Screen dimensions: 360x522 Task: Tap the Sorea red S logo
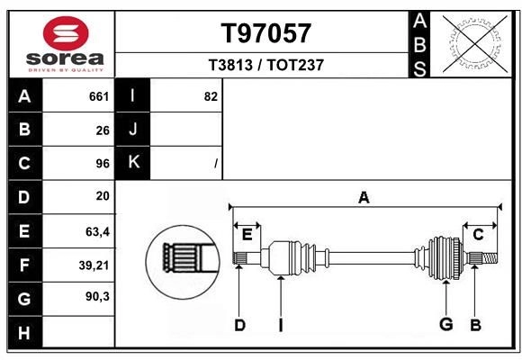(66, 34)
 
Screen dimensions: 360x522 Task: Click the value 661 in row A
(99, 96)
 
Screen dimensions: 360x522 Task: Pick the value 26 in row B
(103, 130)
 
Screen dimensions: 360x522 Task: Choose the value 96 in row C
(103, 164)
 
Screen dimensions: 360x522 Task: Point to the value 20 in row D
(103, 196)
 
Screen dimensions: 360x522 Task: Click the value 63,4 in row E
(97, 231)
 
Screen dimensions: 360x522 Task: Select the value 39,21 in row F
(95, 265)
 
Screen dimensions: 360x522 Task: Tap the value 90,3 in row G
(97, 298)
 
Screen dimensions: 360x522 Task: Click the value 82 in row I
(211, 96)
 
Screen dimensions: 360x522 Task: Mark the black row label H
(24, 332)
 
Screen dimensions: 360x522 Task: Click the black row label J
(133, 130)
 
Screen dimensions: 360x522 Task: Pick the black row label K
(133, 164)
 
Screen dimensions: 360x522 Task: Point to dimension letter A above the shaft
(364, 197)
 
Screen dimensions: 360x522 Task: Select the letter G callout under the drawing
(445, 325)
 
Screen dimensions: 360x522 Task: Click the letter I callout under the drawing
(280, 325)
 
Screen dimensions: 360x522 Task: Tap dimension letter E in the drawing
(247, 234)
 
